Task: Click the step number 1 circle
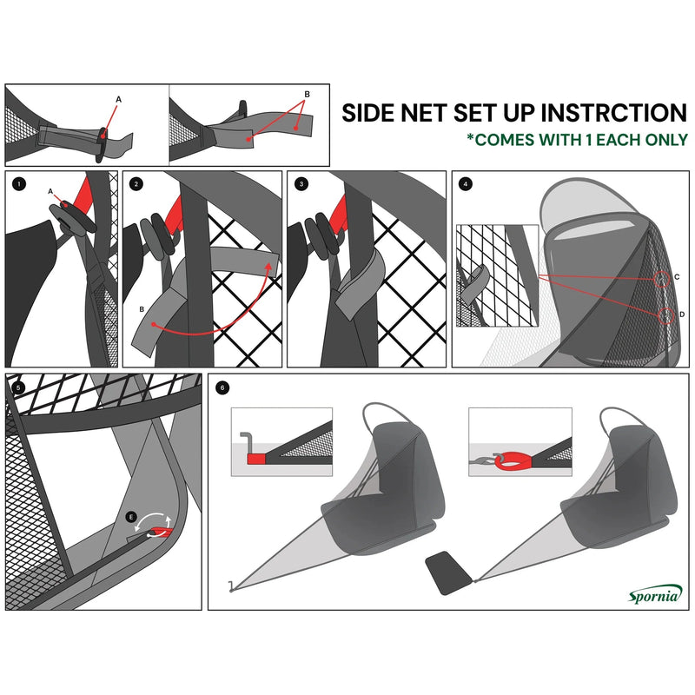[x=19, y=184]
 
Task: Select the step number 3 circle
[x=301, y=184]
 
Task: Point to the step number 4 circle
[x=467, y=184]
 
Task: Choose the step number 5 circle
[x=19, y=386]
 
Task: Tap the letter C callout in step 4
[x=677, y=275]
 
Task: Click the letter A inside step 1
[x=50, y=191]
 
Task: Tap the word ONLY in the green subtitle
[x=665, y=139]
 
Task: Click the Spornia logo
[x=655, y=594]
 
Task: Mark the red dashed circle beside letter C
[x=663, y=281]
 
